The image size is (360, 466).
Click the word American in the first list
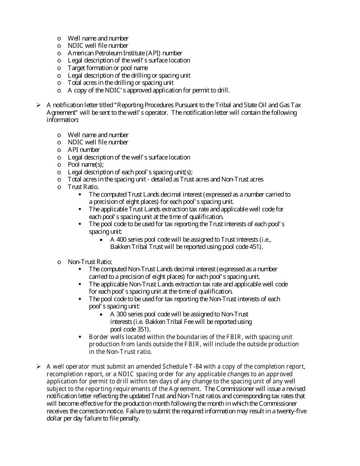click(x=80, y=53)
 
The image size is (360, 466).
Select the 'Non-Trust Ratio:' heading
click(x=90, y=262)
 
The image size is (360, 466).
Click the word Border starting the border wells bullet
click(x=98, y=337)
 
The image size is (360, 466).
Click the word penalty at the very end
click(x=130, y=419)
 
